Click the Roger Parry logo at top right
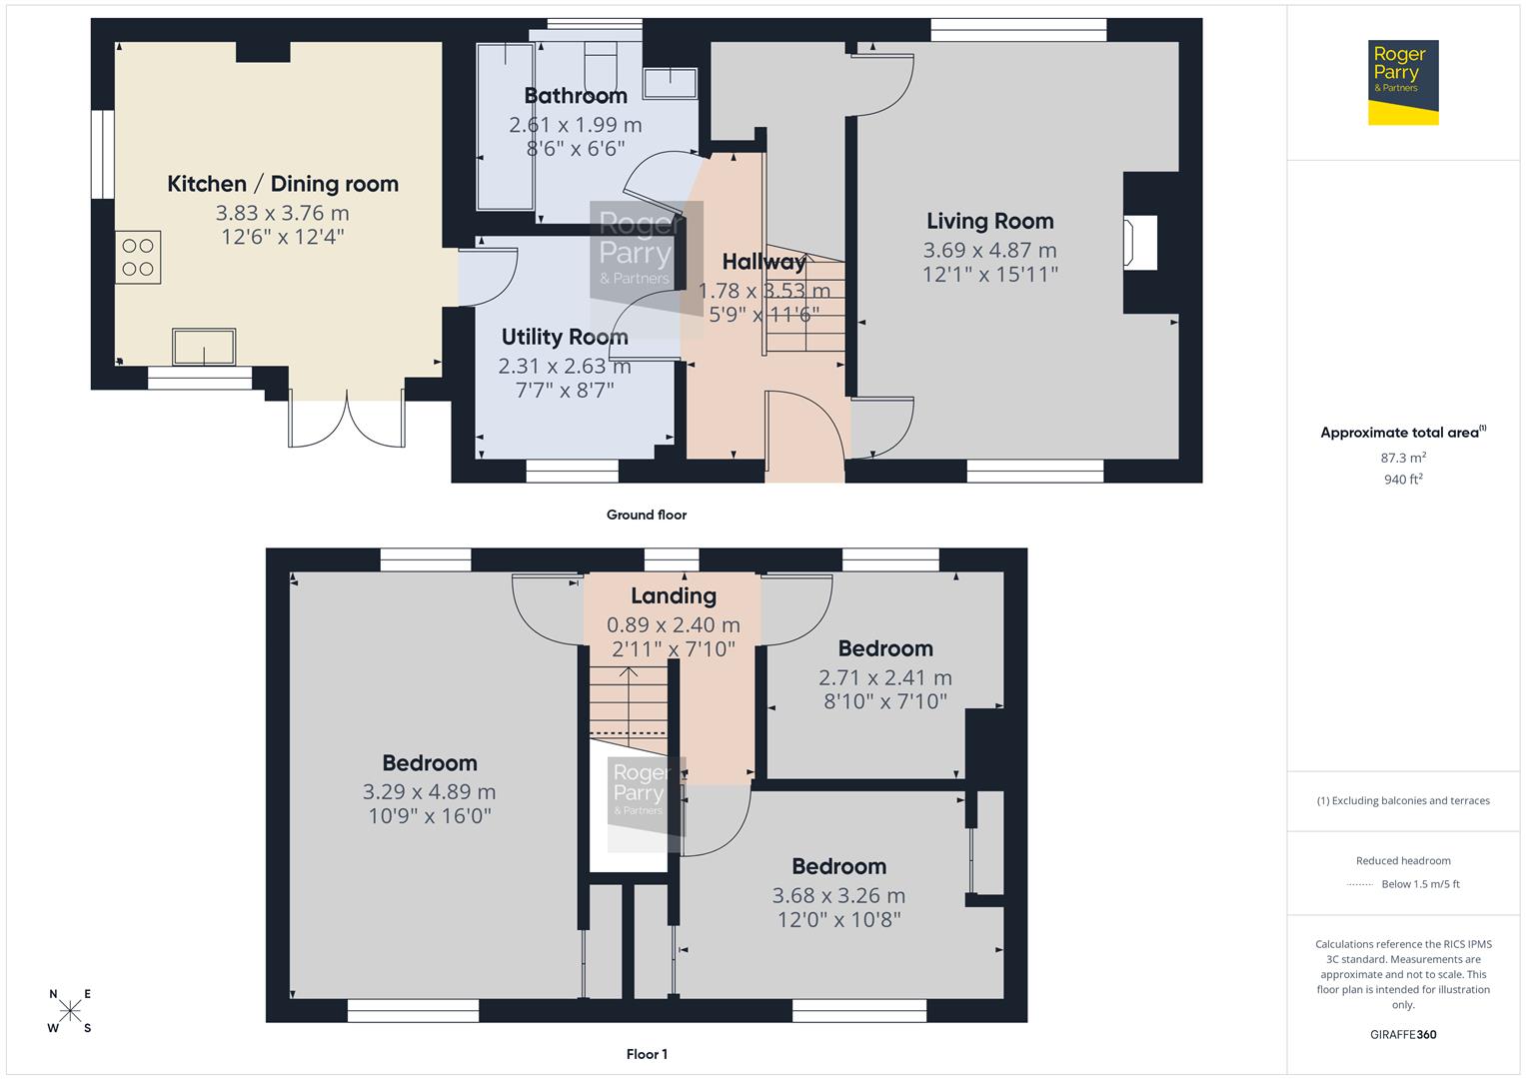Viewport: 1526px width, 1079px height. [1402, 82]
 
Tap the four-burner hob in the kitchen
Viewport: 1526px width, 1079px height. [138, 256]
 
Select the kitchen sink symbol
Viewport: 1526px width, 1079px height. [204, 347]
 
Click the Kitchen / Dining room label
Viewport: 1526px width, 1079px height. [283, 184]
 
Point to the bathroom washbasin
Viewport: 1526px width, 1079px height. [671, 83]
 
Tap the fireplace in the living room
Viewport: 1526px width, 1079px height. [1140, 243]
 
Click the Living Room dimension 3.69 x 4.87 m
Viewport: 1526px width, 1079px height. [989, 250]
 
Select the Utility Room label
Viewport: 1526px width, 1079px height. [565, 338]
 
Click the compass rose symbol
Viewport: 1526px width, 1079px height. [70, 1011]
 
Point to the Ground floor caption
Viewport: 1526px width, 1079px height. [647, 516]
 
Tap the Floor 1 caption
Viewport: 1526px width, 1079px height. [647, 1054]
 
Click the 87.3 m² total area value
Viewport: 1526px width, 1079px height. [1403, 458]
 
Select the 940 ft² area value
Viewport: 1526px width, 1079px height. [1403, 480]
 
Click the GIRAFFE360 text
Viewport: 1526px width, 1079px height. [1403, 1034]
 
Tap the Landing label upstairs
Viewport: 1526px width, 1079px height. [674, 596]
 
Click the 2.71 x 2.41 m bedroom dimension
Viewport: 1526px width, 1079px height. [884, 677]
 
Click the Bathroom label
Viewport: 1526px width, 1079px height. [576, 96]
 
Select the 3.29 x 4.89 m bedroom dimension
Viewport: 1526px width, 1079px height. [429, 791]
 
